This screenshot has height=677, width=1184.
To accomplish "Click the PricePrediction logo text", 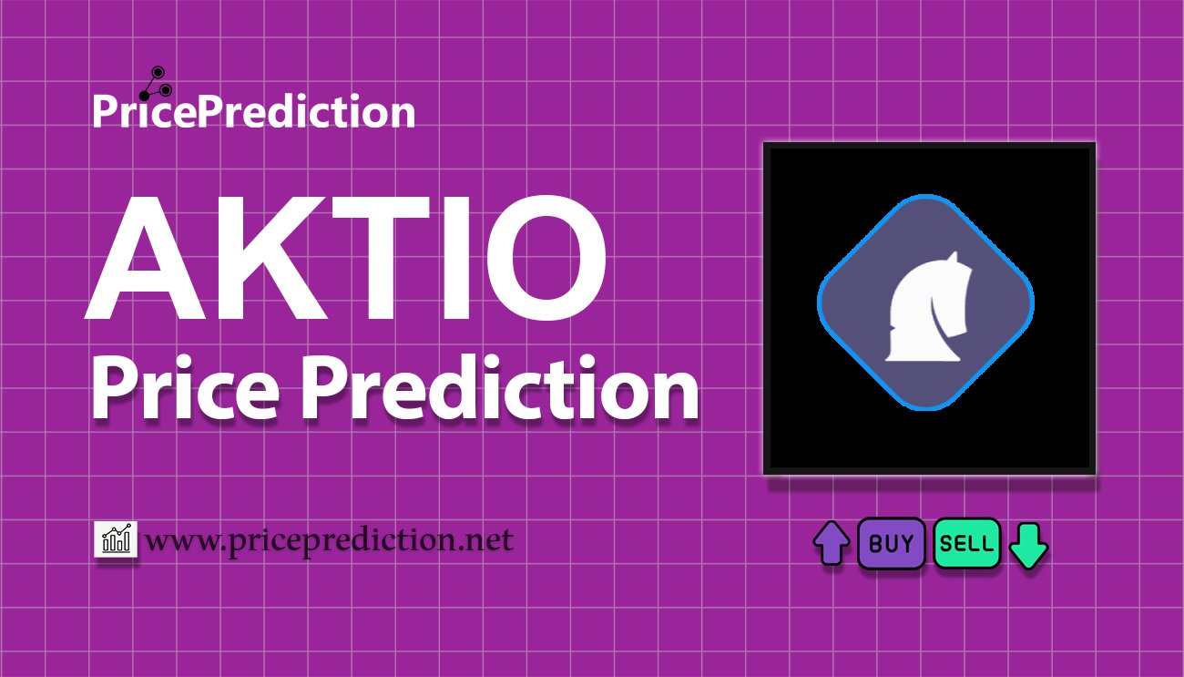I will pyautogui.click(x=253, y=112).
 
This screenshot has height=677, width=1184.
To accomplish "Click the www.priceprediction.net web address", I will pyautogui.click(x=330, y=541).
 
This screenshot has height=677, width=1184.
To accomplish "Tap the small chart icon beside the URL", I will pyautogui.click(x=116, y=539).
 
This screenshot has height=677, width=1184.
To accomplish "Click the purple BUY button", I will pyautogui.click(x=892, y=544).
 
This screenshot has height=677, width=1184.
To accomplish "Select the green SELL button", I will pyautogui.click(x=966, y=544).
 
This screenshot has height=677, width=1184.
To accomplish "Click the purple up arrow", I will pyautogui.click(x=831, y=544).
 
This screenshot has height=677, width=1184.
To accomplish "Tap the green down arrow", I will pyautogui.click(x=1029, y=545).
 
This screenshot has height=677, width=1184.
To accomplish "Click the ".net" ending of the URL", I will pyautogui.click(x=488, y=541).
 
